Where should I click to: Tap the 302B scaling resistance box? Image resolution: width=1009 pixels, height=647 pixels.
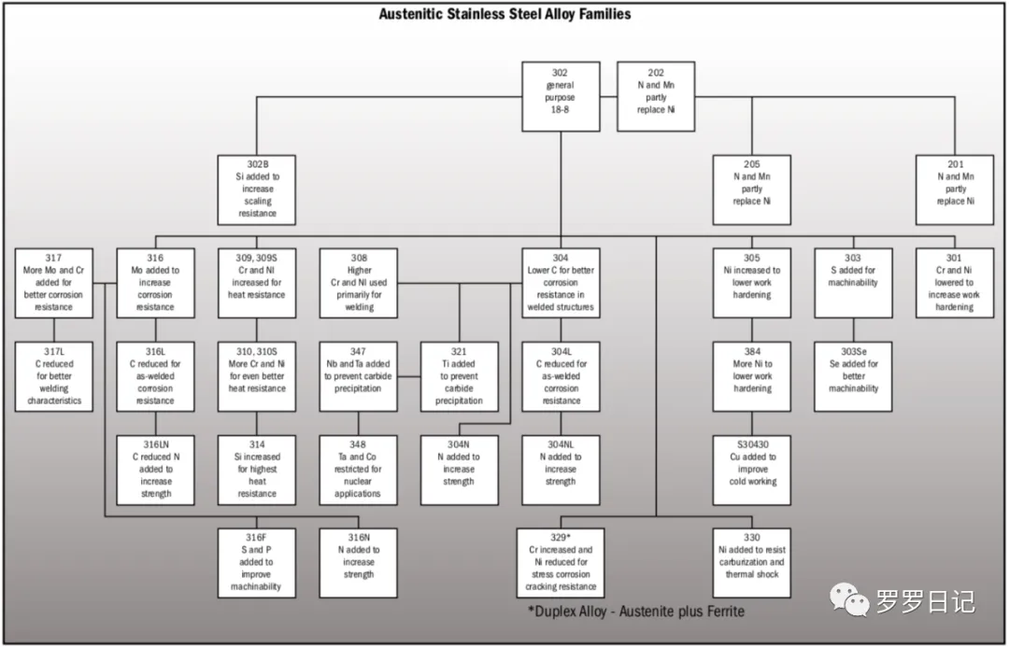pos(257,190)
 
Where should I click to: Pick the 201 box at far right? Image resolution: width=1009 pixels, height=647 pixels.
pos(953,190)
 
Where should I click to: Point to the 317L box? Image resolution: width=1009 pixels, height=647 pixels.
pos(54,376)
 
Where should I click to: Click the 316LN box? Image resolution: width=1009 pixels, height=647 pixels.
pos(155,470)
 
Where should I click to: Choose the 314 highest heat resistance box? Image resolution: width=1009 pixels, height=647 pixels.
pos(257,470)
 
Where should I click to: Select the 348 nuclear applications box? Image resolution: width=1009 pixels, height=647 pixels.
pos(358,470)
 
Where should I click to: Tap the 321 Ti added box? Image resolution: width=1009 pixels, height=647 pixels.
pos(459,376)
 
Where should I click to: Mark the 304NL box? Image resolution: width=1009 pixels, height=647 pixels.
pos(561,470)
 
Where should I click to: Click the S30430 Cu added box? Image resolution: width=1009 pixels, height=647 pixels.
pos(752,470)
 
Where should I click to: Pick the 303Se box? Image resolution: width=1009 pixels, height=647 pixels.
pos(852,376)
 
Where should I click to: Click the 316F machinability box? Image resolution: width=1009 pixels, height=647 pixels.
pos(257,563)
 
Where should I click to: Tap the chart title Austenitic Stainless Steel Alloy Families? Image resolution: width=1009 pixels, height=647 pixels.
pos(504,14)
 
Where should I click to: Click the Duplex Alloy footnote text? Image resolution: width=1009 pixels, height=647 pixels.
pos(636,612)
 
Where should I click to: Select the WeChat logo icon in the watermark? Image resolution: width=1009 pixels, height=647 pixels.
pos(849,600)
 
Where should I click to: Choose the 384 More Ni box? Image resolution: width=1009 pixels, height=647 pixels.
pos(752,376)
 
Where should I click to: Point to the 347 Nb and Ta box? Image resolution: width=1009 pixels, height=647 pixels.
pos(358,376)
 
